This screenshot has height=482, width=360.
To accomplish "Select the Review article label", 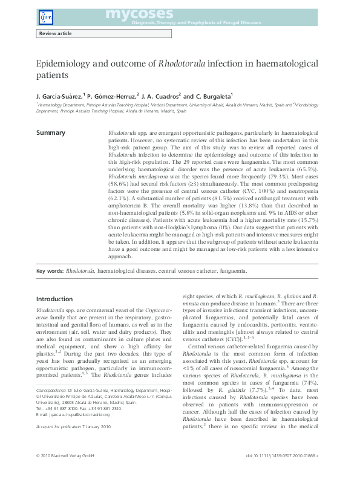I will (55, 34).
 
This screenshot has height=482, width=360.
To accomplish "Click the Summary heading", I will (51, 132).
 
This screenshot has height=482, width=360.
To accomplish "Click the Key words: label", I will (50, 272).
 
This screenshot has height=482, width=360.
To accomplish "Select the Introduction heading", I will (54, 299).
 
